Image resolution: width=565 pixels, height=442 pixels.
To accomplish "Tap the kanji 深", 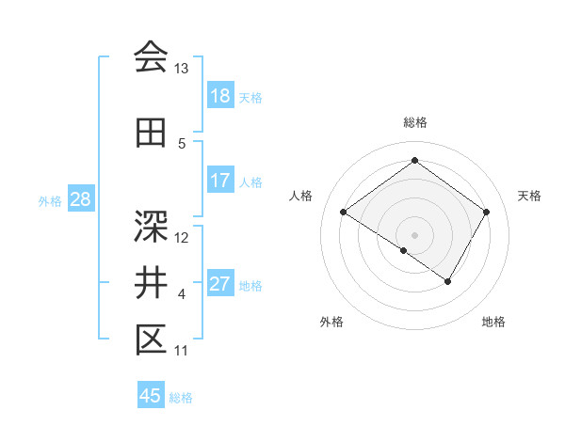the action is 151,226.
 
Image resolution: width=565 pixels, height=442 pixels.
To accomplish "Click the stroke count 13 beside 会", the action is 182,69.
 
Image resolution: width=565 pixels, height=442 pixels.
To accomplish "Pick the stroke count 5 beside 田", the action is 182,144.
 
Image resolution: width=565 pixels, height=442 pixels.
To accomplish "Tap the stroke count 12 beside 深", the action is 182,238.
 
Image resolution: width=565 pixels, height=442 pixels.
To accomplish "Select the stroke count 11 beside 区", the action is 181,351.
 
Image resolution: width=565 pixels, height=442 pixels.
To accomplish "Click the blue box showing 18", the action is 219,97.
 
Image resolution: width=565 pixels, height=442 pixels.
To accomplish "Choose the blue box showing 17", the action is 219,182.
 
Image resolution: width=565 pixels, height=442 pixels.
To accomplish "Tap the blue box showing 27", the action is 219,285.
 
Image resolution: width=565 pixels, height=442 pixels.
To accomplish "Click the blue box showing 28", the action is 80,200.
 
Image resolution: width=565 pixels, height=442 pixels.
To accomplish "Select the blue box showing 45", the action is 151,396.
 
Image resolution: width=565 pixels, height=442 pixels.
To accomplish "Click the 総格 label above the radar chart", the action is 414,122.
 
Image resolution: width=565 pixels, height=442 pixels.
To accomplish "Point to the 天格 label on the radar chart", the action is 530,196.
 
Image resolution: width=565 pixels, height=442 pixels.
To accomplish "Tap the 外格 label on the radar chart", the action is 331,322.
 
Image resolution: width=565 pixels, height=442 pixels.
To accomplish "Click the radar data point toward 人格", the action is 344,213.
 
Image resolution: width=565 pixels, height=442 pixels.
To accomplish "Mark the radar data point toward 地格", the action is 448,281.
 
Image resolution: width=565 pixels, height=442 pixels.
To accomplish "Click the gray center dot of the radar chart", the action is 414,234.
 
